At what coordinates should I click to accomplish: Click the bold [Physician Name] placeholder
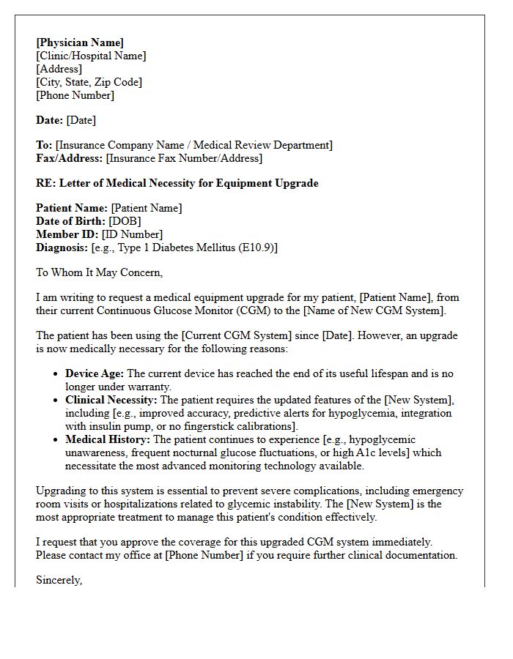80,42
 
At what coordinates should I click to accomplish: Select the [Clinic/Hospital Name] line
91,56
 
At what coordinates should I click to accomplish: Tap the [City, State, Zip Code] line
89,82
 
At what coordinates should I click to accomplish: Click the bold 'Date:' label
50,120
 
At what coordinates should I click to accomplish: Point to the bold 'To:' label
44,145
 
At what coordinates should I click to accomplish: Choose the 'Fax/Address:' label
70,158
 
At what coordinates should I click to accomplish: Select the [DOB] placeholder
125,221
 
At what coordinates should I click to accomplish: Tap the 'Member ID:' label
67,234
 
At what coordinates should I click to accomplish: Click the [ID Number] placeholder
132,234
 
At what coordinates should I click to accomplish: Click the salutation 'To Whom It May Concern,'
99,272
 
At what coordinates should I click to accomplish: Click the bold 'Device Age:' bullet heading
95,373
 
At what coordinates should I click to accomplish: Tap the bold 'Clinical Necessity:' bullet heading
111,400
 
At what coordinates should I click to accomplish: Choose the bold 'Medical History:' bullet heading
108,439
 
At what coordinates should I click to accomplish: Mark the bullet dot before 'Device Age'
56,374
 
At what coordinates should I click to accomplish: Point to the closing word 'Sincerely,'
59,580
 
